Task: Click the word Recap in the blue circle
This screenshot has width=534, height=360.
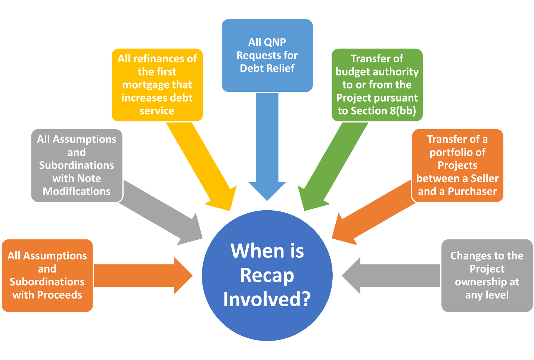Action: coord(267,276)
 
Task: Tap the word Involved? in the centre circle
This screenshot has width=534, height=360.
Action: coord(267,300)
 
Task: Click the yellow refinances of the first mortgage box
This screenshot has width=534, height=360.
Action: coord(157,84)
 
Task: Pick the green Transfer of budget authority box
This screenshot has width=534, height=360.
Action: coord(377,84)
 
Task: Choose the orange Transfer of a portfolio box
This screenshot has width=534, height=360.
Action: coord(457,165)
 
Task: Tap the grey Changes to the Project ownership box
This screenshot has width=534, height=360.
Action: coord(487,275)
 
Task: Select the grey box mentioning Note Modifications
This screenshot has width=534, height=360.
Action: coord(77,165)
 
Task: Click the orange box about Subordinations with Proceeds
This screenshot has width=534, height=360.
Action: coord(47,275)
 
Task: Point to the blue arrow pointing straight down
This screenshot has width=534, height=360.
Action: coord(267,149)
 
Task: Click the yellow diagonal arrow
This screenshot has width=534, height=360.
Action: coord(202,164)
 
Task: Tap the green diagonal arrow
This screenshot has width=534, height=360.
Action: coord(332,164)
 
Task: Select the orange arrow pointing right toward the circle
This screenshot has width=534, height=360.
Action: coord(142,276)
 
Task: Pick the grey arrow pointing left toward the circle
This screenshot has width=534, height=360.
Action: coord(392,276)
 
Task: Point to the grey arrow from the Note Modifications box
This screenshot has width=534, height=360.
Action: coord(161,211)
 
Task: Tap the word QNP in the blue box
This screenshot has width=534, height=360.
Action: coord(277,42)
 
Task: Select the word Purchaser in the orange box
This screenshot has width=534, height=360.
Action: coord(472,192)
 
